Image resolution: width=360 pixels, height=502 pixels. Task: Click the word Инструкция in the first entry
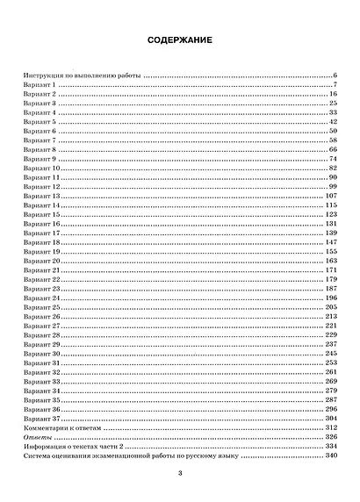[x=43, y=76]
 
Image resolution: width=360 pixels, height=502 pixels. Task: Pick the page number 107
[x=332, y=196]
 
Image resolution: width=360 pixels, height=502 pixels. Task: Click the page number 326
[x=332, y=436]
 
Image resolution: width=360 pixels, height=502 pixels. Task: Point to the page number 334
[x=332, y=445]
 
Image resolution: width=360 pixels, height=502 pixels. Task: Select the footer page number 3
[x=179, y=475]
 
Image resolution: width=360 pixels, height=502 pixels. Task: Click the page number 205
[x=332, y=307]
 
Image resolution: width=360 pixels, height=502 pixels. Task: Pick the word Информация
[x=45, y=445]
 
